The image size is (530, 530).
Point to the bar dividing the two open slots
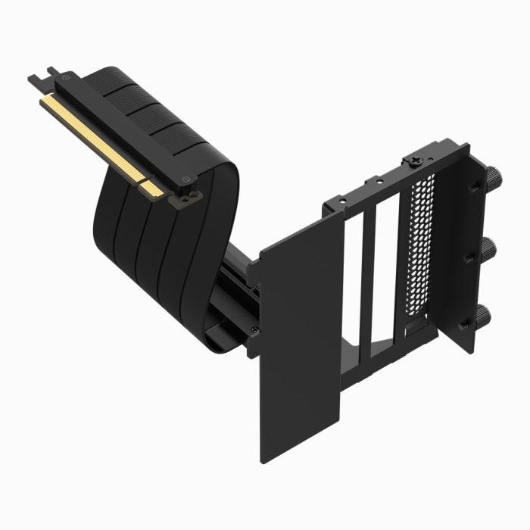click(x=369, y=276)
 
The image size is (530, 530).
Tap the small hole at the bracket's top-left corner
click(x=340, y=200)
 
